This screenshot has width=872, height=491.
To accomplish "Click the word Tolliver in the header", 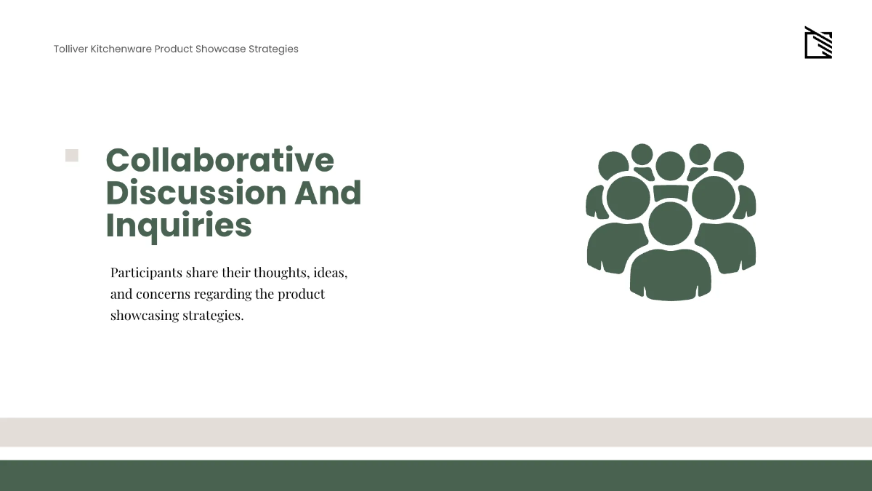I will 70,49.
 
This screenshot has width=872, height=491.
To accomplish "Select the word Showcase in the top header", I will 220,49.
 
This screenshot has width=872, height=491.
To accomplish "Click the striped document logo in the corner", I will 817,44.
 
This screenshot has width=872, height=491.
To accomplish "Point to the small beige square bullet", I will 72,156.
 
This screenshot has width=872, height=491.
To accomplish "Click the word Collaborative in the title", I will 219,160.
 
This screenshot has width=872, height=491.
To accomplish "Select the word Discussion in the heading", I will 195,193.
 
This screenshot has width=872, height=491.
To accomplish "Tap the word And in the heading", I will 328,193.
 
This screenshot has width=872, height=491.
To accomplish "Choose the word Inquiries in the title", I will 179,225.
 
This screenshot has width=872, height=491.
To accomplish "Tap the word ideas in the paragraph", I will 329,273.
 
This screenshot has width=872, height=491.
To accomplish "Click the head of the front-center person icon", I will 670,223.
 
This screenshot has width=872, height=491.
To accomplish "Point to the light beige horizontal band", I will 436,432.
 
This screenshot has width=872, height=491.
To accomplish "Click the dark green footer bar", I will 436,476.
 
